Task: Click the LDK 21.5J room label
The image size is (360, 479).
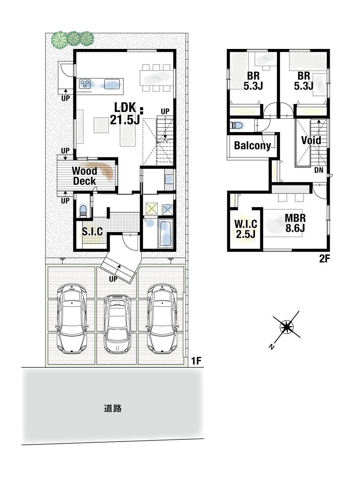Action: [125, 113]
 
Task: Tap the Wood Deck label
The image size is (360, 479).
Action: [85, 176]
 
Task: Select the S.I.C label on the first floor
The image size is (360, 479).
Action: [92, 231]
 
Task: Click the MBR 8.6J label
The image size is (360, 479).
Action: [295, 223]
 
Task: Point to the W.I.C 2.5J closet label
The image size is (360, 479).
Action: [246, 229]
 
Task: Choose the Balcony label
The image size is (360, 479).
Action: [252, 145]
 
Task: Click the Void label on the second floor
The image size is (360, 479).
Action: [311, 140]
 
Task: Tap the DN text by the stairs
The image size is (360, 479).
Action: [319, 170]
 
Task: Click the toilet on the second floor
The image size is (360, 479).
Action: [237, 126]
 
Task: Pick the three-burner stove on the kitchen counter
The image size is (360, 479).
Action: [85, 84]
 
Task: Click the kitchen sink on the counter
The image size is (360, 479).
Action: [112, 84]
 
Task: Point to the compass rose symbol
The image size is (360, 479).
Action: [287, 327]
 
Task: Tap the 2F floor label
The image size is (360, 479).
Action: [324, 259]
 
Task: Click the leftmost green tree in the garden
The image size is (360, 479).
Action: [59, 40]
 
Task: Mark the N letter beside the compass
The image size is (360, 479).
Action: [272, 347]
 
